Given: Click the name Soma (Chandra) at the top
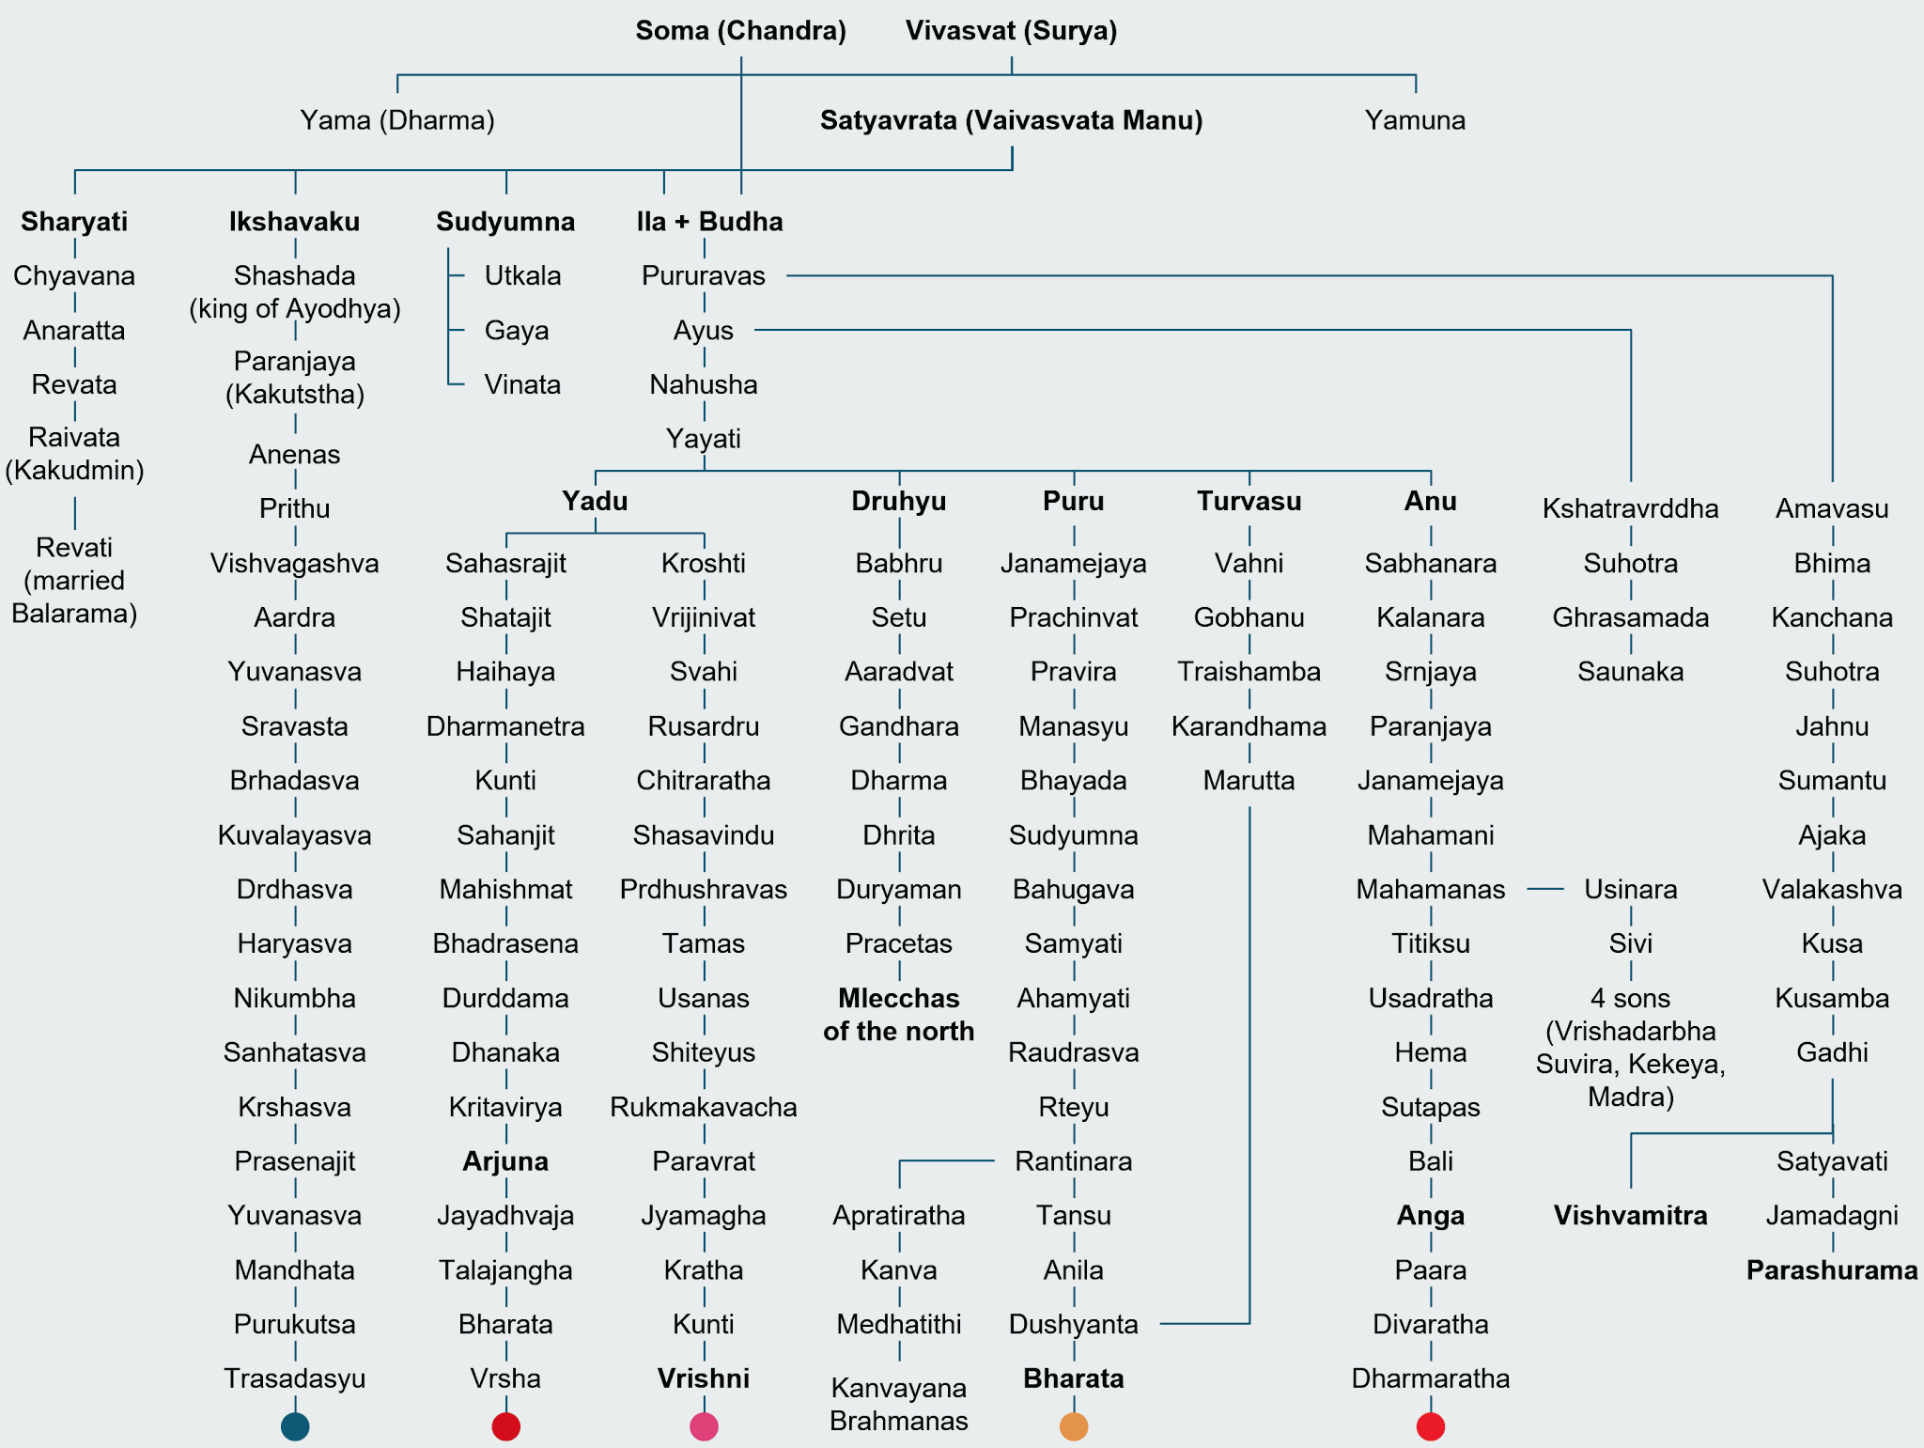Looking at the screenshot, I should point(740,31).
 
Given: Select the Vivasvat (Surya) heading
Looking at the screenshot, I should point(1011,31).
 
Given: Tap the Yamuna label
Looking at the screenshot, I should point(1415,120).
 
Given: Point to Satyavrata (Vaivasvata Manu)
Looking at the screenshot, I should point(1011,120).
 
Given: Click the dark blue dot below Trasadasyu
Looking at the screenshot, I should point(295,1426).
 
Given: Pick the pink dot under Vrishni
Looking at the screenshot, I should point(704,1426).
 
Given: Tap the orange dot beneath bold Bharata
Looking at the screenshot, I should point(1074,1426).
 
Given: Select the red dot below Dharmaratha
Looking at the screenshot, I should point(1431,1426).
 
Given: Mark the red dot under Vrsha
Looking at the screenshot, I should point(506,1426).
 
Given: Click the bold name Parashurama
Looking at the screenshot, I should point(1832,1270).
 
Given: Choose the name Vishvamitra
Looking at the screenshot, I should point(1630,1216).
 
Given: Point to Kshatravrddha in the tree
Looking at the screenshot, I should point(1630,509).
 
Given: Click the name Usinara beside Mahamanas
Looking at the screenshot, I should point(1630,890).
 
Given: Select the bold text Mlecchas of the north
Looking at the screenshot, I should point(899,1015).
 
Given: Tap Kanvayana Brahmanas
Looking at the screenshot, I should point(899,1404).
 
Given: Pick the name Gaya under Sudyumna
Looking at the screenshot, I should point(517,331).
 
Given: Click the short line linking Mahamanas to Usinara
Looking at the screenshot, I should point(1544,889).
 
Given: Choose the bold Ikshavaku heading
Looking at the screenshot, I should point(295,222).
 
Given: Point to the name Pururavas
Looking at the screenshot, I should point(704,276).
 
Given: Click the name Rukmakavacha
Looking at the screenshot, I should point(704,1107).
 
